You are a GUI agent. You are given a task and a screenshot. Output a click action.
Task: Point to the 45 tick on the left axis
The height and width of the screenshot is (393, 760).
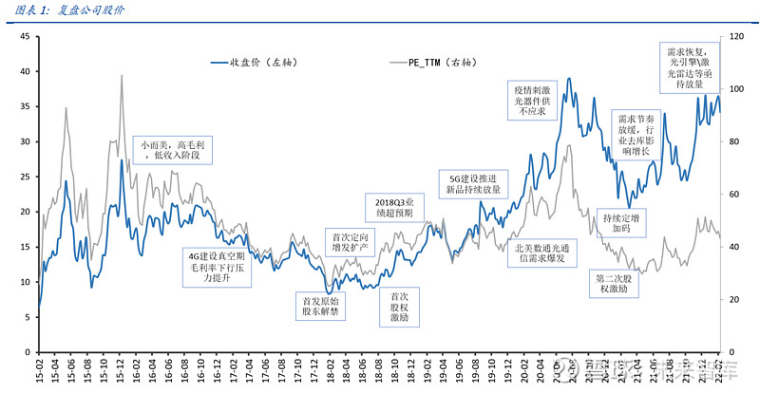(x=25, y=37)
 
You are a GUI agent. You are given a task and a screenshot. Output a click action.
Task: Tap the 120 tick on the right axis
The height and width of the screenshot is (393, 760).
(x=734, y=37)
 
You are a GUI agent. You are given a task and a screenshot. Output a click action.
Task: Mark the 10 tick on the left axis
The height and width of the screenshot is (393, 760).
(x=25, y=283)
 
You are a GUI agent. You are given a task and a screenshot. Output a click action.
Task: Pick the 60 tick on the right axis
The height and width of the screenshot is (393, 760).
(x=732, y=195)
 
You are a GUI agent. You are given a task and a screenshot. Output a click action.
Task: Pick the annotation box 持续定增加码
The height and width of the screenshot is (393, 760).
(x=622, y=222)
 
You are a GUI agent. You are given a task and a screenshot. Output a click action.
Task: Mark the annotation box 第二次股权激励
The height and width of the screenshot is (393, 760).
(x=618, y=284)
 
